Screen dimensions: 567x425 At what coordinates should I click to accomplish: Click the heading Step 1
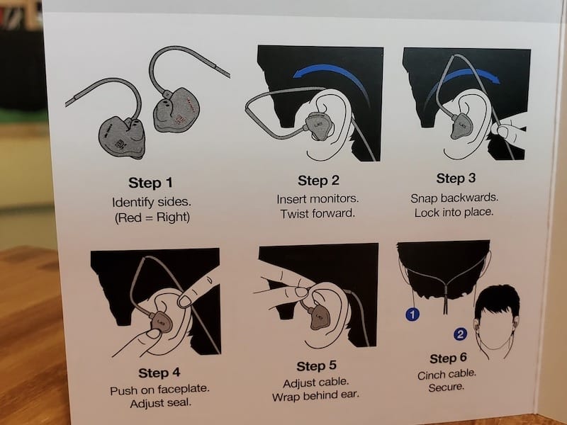[x=150, y=183]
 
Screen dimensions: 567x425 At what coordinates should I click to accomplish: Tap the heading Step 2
[x=318, y=181]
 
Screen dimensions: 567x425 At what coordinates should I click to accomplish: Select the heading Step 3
[x=456, y=178]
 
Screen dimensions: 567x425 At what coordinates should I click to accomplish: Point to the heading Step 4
[x=159, y=373]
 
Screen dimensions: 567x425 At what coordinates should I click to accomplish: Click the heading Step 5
[x=316, y=365]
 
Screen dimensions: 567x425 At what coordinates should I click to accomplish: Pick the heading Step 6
[x=448, y=358]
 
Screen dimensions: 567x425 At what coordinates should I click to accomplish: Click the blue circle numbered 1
[x=412, y=314]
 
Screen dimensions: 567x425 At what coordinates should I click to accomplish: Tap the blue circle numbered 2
[x=460, y=334]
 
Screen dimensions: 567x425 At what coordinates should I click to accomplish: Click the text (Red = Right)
[x=152, y=217]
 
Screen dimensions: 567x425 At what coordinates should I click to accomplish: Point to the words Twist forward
[x=318, y=214]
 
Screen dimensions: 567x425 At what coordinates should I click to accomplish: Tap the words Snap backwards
[x=454, y=198]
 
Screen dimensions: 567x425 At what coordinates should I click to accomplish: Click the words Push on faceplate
[x=159, y=390]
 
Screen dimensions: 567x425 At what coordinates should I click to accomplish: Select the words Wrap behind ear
[x=315, y=396]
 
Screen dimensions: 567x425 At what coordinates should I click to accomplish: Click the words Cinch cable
[x=447, y=375]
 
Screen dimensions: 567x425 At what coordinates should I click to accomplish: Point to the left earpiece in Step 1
[x=122, y=137]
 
